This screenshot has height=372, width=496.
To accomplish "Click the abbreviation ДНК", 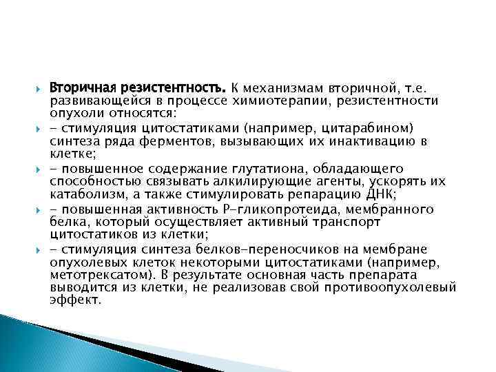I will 378,194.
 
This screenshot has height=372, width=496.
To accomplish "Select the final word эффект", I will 75,301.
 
